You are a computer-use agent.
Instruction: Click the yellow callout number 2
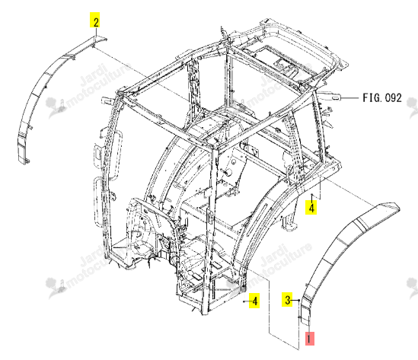95,20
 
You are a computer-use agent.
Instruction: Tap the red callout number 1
309,339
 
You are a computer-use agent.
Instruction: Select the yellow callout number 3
287,300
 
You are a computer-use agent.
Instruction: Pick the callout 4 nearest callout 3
254,301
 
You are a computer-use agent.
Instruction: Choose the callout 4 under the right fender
311,207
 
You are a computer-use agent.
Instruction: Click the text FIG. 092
381,98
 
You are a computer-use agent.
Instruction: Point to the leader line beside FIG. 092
349,98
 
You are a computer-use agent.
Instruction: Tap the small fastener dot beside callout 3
299,301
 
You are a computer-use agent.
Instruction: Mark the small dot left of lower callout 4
244,301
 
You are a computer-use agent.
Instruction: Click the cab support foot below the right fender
289,225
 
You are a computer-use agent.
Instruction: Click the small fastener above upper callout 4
312,195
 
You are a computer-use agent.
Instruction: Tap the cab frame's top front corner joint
214,147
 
